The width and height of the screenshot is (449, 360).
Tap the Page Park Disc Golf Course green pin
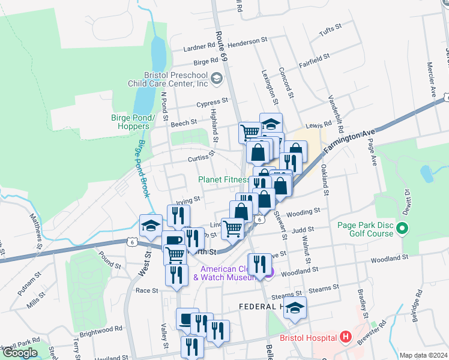[x=403, y=229]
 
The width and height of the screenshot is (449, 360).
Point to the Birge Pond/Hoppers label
[x=130, y=122]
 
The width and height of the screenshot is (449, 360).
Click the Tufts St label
[x=330, y=28]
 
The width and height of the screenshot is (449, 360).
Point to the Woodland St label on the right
[x=389, y=257]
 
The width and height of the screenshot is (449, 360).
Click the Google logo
[x=20, y=353]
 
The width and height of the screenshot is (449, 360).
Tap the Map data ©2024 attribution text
[x=423, y=355]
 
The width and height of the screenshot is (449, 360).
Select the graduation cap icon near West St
[x=150, y=226]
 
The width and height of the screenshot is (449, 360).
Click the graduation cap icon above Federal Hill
[x=295, y=308]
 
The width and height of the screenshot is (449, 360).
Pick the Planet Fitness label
[x=224, y=179]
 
